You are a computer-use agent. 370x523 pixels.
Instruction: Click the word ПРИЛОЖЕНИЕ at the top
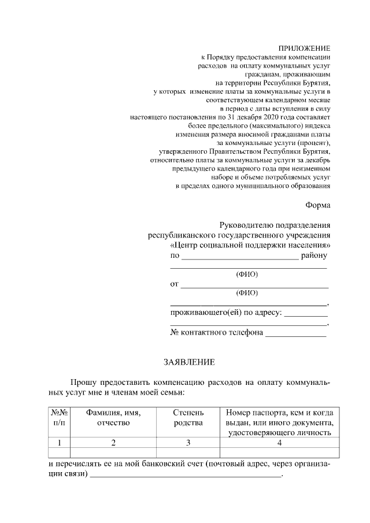pyautogui.click(x=304, y=49)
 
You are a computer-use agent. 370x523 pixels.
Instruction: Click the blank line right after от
pyautogui.click(x=254, y=286)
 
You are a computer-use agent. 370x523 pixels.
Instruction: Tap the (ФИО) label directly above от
pyautogui.click(x=247, y=274)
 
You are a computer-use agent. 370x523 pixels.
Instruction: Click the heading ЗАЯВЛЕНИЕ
pyautogui.click(x=188, y=363)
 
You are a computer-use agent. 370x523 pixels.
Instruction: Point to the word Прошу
pyautogui.click(x=84, y=383)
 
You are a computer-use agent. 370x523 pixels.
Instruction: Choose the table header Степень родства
pyautogui.click(x=188, y=418)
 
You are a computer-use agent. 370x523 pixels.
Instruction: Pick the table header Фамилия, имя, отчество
pyautogui.click(x=113, y=418)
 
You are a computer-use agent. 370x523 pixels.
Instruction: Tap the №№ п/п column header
pyautogui.click(x=60, y=418)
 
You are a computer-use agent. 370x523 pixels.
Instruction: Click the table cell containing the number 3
pyautogui.click(x=188, y=443)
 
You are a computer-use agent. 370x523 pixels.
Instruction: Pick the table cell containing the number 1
pyautogui.click(x=60, y=443)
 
